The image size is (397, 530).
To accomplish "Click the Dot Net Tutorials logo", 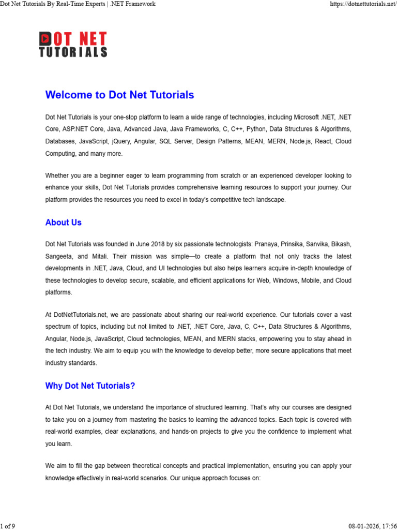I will click(73, 45).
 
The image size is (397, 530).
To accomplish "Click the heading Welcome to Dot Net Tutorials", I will click(119, 95).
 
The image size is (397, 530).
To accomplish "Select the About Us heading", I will click(63, 223).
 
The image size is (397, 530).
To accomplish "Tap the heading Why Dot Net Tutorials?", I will click(90, 386).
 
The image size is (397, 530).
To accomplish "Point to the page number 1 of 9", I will click(8, 526).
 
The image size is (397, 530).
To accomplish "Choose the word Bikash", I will click(340, 243).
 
